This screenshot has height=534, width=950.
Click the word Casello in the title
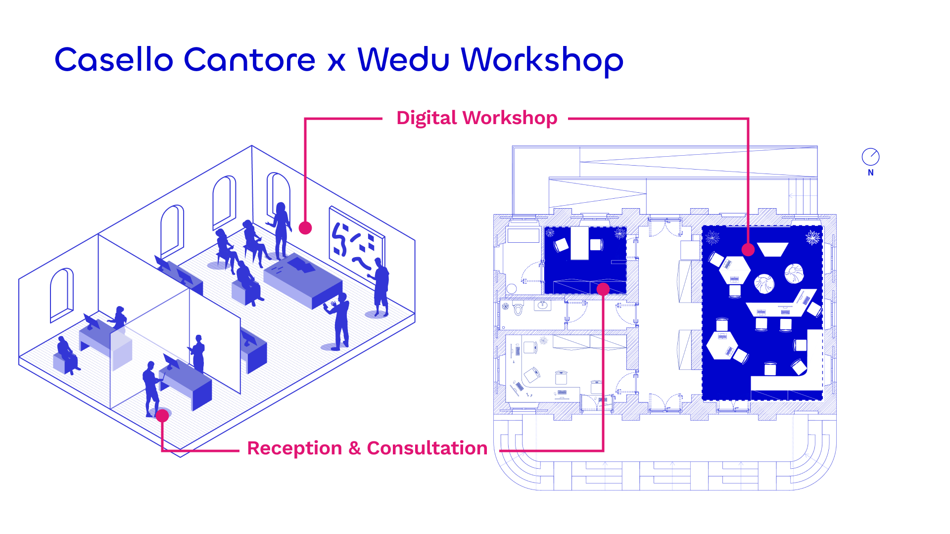tap(113, 60)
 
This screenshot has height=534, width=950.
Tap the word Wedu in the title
tap(403, 60)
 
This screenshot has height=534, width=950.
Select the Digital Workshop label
tap(476, 118)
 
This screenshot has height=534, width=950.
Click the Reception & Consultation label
tap(367, 448)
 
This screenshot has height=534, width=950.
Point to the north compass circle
tap(870, 157)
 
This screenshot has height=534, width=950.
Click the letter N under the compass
tap(871, 173)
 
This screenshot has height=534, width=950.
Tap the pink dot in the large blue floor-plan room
tap(748, 250)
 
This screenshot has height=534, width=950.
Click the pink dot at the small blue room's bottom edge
tap(603, 289)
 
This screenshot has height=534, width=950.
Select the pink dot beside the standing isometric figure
tap(305, 228)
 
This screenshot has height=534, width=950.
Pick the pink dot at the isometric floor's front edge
tap(162, 416)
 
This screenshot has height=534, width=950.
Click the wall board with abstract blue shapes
tap(356, 245)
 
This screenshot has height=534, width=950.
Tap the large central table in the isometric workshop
tap(303, 279)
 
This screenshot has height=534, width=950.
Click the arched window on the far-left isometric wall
tap(62, 294)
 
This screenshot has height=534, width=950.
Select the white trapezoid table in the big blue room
tap(773, 249)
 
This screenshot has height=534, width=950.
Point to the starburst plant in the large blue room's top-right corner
tap(812, 237)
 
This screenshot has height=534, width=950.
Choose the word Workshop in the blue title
tap(542, 60)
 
